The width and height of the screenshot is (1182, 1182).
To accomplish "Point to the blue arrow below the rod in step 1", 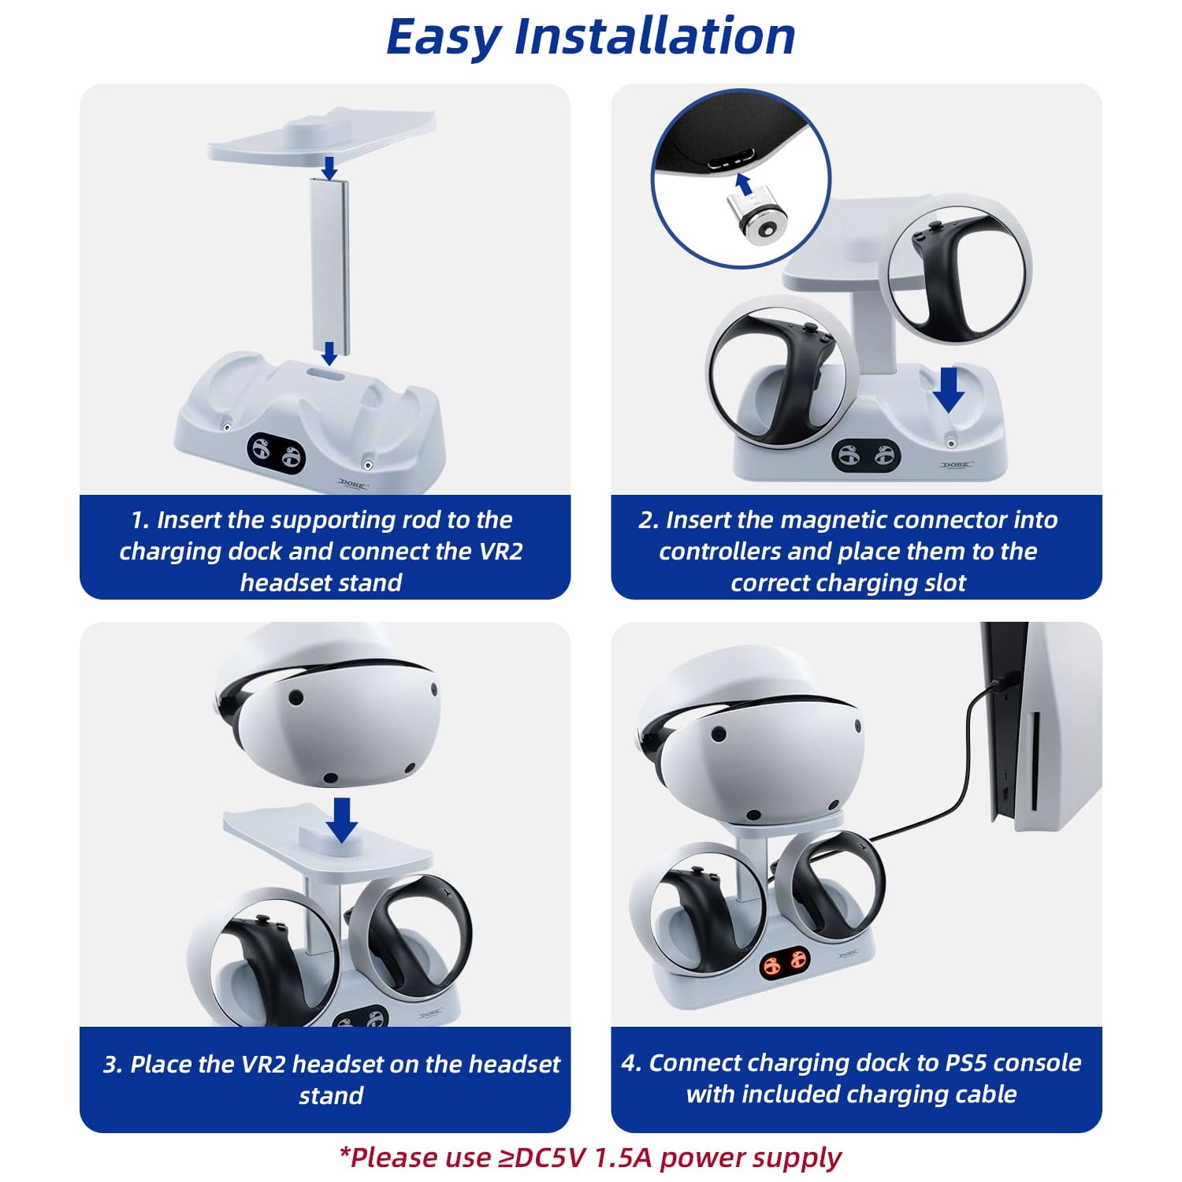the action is pos(329,354).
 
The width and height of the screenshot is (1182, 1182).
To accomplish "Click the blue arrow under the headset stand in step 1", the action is pos(330,167).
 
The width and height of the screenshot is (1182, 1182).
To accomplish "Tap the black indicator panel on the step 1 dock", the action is pos(276,453).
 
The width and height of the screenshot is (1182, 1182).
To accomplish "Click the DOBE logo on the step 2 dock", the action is pos(956,465).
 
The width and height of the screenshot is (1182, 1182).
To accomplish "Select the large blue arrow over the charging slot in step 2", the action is pos(949,389).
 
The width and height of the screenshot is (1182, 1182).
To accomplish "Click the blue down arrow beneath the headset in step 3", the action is pos(342,820).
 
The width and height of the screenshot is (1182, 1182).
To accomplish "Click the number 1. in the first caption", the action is pos(140,520).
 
